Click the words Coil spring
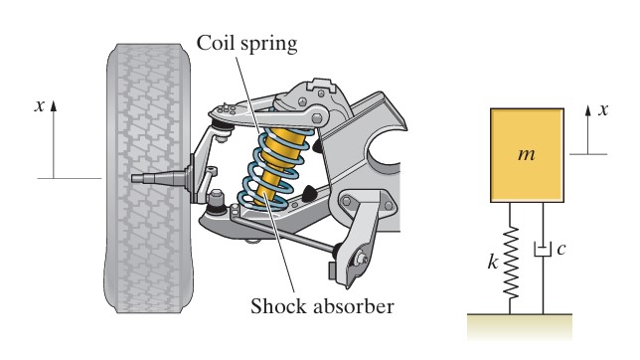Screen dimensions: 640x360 point(246,44)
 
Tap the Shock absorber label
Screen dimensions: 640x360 point(322,306)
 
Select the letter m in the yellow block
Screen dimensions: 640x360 point(526,154)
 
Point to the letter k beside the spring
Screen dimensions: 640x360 point(493,262)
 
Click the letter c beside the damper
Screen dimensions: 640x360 point(561,248)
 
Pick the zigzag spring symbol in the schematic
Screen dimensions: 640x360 point(510,263)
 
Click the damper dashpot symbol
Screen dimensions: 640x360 point(543,250)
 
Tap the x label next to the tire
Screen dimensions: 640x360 point(39,105)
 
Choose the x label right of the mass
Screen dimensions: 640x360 point(603,109)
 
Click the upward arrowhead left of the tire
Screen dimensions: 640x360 point(54,105)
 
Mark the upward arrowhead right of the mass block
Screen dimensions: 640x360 point(587,110)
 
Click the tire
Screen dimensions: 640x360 point(148,178)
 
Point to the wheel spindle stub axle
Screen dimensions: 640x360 point(159,179)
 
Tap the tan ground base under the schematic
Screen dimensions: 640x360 point(520,326)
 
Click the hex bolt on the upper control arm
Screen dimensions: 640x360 point(317,118)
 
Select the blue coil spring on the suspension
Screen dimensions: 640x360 point(275,168)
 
